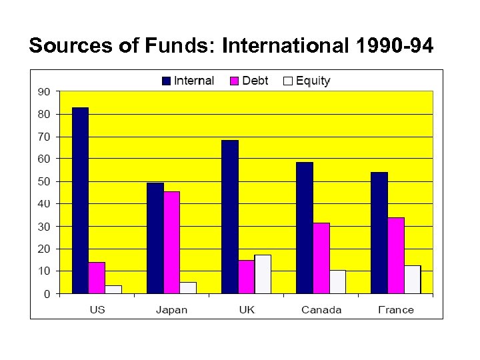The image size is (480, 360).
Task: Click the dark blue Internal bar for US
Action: (x=80, y=200)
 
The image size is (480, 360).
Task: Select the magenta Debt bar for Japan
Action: (x=171, y=242)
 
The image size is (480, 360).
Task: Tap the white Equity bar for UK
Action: (x=263, y=274)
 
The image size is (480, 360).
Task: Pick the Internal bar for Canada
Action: (x=305, y=227)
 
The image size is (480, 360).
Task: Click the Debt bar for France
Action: (x=396, y=255)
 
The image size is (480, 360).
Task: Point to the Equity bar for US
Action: (x=113, y=289)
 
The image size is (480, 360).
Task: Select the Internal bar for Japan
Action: (x=155, y=238)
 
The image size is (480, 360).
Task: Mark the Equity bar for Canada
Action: (x=337, y=281)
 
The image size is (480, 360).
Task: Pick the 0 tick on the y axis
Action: (x=46, y=294)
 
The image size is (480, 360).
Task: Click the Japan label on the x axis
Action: (x=171, y=309)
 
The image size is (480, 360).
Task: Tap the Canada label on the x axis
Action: (x=321, y=309)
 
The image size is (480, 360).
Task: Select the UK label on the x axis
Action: (x=247, y=309)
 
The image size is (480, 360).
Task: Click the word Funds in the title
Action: (x=180, y=46)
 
